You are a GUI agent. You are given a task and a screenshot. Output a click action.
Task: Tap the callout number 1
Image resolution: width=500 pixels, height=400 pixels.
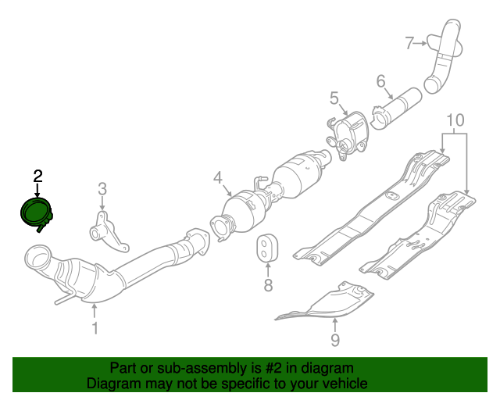click(95, 328)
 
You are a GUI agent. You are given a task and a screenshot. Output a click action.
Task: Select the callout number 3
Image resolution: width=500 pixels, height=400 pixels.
click(102, 189)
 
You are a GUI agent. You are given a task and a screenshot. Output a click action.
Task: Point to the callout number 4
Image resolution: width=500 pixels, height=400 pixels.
click(218, 177)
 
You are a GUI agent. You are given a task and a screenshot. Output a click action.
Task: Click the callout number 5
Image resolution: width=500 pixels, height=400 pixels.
click(334, 98)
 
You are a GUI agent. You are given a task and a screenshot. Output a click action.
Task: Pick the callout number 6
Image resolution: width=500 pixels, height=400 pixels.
click(380, 81)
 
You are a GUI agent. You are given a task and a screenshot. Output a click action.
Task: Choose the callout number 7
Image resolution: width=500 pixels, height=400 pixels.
click(409, 43)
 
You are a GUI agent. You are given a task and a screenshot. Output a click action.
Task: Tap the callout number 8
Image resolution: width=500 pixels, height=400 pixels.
click(268, 285)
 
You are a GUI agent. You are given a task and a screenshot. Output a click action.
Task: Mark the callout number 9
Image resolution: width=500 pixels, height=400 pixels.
click(335, 340)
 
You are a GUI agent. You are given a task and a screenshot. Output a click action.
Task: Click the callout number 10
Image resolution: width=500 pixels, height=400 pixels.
click(455, 120)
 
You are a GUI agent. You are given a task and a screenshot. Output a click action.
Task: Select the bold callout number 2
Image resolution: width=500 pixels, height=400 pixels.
click(37, 177)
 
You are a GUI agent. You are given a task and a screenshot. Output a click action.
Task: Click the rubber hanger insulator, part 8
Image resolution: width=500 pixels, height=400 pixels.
click(267, 248)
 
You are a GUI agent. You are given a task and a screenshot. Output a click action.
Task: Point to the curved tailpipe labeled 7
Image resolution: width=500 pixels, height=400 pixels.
click(443, 57)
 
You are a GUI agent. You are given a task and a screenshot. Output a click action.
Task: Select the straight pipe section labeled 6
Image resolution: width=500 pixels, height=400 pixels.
click(396, 109)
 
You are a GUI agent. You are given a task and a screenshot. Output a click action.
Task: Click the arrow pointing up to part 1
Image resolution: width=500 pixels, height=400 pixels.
click(95, 311)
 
